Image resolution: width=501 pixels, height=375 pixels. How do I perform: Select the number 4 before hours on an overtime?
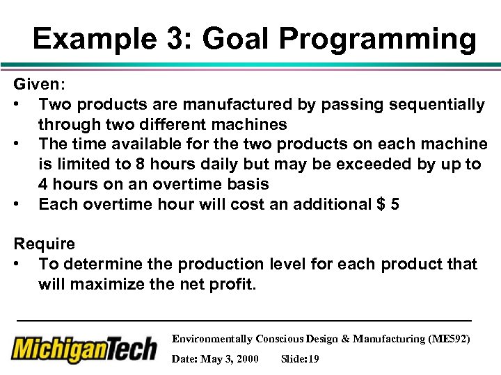tap(44, 184)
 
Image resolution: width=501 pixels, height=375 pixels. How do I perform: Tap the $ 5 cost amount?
tap(386, 204)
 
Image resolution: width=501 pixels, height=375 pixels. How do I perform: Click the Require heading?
tap(45, 244)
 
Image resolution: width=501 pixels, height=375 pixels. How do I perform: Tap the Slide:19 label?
tap(300, 359)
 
